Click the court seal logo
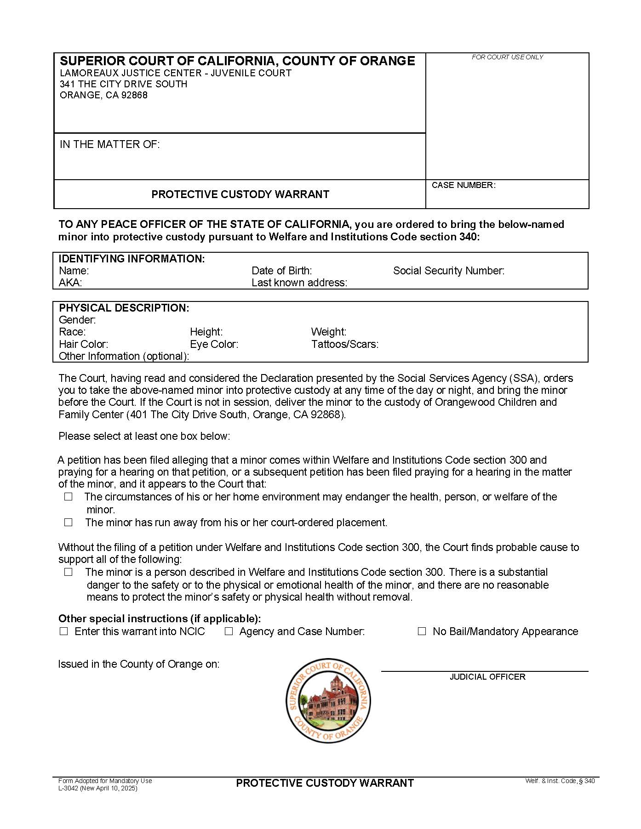[x=328, y=700]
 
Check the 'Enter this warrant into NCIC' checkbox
[x=63, y=631]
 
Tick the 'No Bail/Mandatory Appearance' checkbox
[x=422, y=631]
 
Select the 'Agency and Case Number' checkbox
[x=229, y=631]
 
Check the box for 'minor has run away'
[x=69, y=522]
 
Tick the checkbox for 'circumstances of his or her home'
[x=69, y=497]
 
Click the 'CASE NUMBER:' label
[x=464, y=185]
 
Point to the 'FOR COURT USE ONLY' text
[x=507, y=57]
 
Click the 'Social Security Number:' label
[x=449, y=271]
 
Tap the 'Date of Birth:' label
[x=281, y=271]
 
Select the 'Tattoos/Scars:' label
[x=345, y=344]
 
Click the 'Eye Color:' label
[x=214, y=344]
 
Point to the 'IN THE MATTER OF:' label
[x=110, y=144]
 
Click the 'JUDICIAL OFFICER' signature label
[x=487, y=677]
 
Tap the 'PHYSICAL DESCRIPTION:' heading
[x=124, y=308]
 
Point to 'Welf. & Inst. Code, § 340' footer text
[x=560, y=781]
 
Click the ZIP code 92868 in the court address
[x=134, y=95]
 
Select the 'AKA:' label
[x=70, y=283]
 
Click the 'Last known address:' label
[x=299, y=283]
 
